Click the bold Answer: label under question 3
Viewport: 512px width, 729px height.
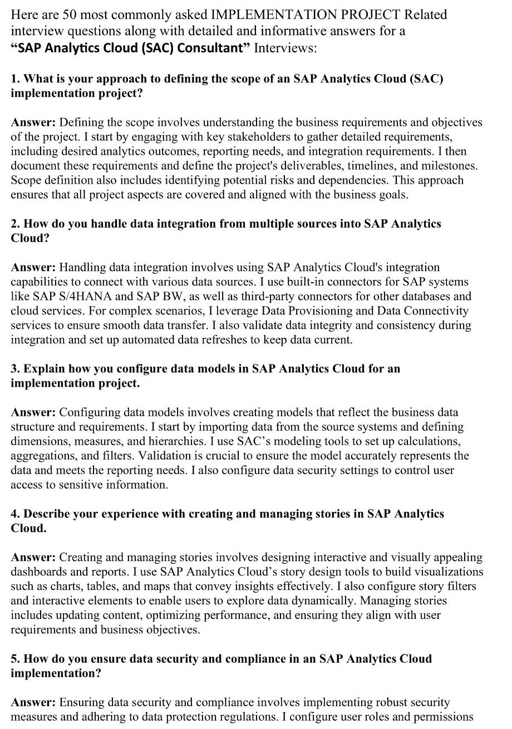click(x=33, y=412)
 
